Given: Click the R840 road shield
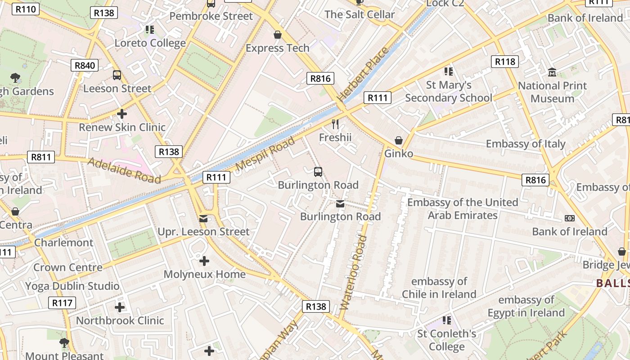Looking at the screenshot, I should [85, 66].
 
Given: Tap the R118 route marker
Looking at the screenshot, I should [505, 62].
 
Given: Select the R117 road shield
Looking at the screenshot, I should [62, 303].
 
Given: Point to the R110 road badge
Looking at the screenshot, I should [26, 9].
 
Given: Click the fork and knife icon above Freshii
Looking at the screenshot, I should [335, 124].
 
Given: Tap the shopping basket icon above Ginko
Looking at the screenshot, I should [398, 141].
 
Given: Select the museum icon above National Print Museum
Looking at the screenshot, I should [552, 72].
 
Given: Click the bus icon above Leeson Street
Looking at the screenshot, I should [117, 75].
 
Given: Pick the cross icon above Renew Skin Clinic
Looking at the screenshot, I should [121, 114].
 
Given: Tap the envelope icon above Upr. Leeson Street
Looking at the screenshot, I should [203, 219].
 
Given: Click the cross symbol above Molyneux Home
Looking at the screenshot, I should [204, 261].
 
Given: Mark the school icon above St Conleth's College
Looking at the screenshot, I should [447, 320].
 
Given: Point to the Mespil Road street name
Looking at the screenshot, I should [265, 154].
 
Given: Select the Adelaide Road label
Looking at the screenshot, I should [124, 170].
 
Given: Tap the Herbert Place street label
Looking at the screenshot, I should [363, 74].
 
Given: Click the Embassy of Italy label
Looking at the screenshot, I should [526, 144].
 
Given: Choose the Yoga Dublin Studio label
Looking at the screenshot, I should [72, 286].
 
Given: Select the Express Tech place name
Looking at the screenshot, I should [278, 48].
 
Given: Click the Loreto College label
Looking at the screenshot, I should [150, 43].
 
